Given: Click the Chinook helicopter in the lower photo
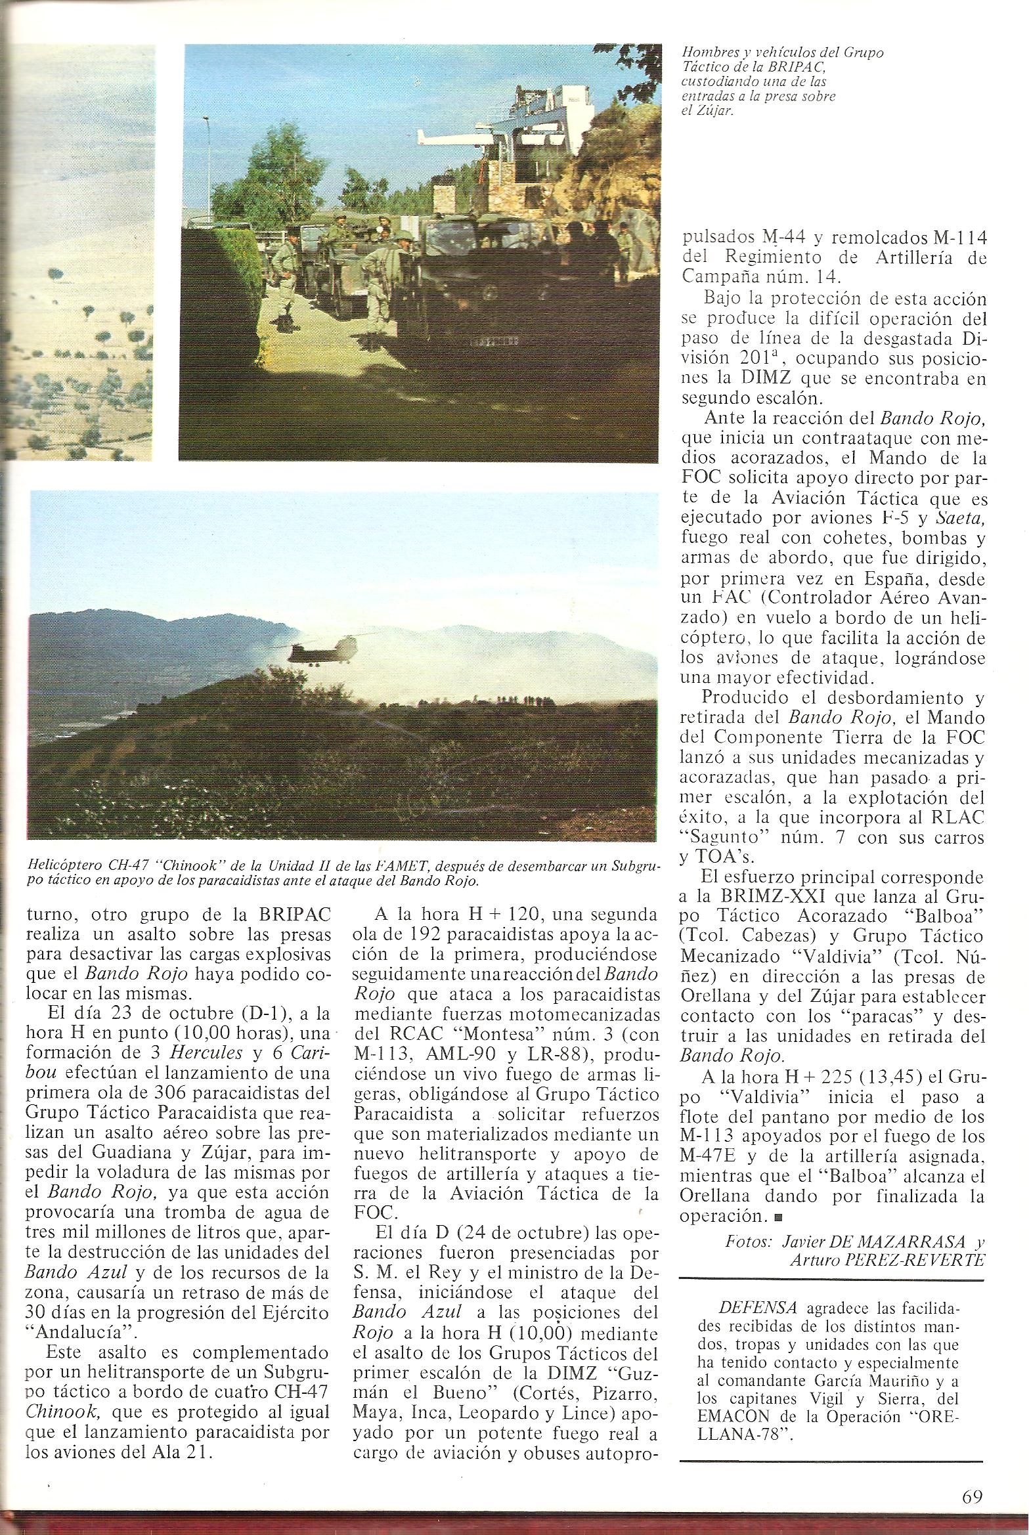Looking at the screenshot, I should click(x=320, y=651).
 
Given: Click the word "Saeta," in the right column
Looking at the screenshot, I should click(x=959, y=519).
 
